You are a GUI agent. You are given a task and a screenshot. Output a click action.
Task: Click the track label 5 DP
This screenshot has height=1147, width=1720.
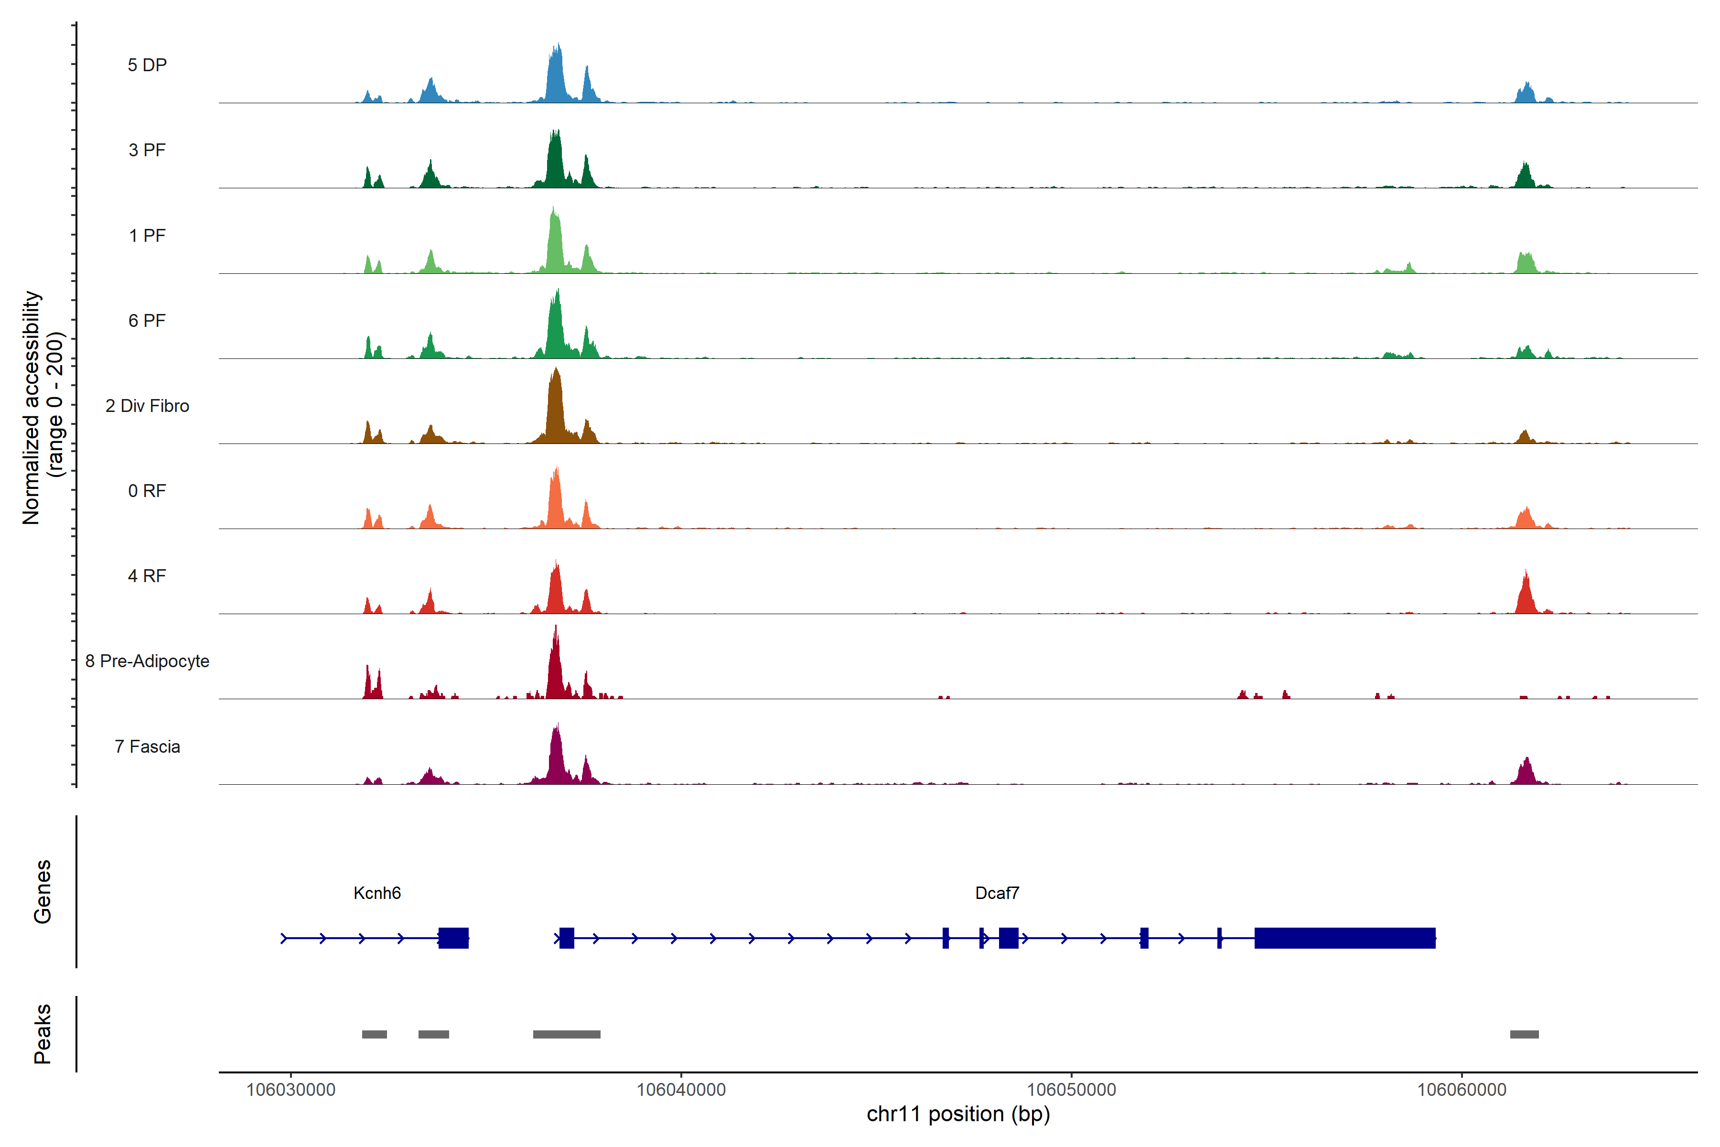[x=147, y=65]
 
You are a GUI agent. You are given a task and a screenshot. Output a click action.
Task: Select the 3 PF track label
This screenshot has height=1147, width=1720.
[x=147, y=150]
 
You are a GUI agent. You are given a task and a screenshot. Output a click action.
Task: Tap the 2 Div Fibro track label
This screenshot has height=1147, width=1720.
[x=147, y=406]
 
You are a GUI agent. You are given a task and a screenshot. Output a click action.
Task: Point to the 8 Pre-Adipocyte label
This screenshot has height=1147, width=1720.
[x=147, y=661]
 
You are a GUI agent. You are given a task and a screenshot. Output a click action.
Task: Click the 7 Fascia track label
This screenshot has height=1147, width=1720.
[x=147, y=747]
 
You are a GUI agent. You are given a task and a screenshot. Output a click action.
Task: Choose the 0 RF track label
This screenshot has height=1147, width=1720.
[x=147, y=491]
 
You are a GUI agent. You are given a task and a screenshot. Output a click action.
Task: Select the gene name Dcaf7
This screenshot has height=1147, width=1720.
[x=997, y=893]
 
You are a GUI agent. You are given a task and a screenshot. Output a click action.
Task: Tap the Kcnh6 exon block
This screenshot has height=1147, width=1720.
[x=453, y=938]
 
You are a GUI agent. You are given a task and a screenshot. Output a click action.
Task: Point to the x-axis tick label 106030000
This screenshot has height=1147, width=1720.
[x=290, y=1090]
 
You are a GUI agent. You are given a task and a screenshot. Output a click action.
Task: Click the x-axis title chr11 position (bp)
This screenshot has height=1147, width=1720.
[x=958, y=1114]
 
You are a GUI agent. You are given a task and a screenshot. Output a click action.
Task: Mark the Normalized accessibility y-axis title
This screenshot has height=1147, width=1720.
[x=43, y=408]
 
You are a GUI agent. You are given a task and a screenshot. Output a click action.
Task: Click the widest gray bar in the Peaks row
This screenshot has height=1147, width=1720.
[x=566, y=1034]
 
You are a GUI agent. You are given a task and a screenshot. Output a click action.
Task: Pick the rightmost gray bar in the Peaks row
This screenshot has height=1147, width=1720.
[x=1524, y=1034]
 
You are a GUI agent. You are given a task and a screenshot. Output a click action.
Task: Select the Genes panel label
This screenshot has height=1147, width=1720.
[x=43, y=892]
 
